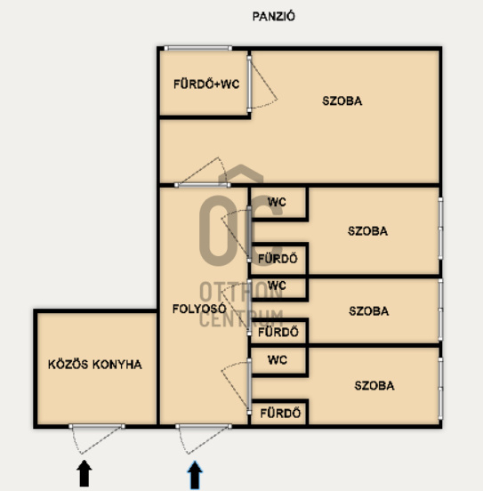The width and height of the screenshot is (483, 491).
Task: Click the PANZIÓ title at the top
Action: pyautogui.click(x=273, y=16)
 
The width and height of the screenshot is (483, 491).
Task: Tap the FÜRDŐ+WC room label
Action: pyautogui.click(x=206, y=85)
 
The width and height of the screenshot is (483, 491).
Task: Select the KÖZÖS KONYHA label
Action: pyautogui.click(x=95, y=364)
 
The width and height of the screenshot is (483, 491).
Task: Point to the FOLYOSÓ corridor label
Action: pyautogui.click(x=199, y=309)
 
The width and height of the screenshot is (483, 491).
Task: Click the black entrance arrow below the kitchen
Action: pyautogui.click(x=84, y=473)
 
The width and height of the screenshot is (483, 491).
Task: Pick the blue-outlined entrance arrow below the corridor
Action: pyautogui.click(x=195, y=475)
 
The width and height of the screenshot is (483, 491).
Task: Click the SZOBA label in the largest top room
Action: pyautogui.click(x=342, y=101)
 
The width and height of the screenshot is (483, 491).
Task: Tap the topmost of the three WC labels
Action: pyautogui.click(x=277, y=202)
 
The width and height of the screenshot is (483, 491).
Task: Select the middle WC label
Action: pyautogui.click(x=277, y=286)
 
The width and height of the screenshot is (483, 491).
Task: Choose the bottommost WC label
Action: pyautogui.click(x=278, y=359)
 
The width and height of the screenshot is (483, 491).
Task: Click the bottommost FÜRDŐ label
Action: pyautogui.click(x=280, y=414)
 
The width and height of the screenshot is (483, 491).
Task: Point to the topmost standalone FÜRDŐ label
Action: pyautogui.click(x=278, y=259)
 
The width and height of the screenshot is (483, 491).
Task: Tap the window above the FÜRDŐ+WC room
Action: pyautogui.click(x=198, y=48)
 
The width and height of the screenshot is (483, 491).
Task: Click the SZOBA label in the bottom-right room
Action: pyautogui.click(x=374, y=385)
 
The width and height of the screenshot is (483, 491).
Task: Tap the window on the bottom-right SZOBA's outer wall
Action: pyautogui.click(x=440, y=389)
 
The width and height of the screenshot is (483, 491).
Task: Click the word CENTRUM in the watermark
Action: pyautogui.click(x=241, y=318)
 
